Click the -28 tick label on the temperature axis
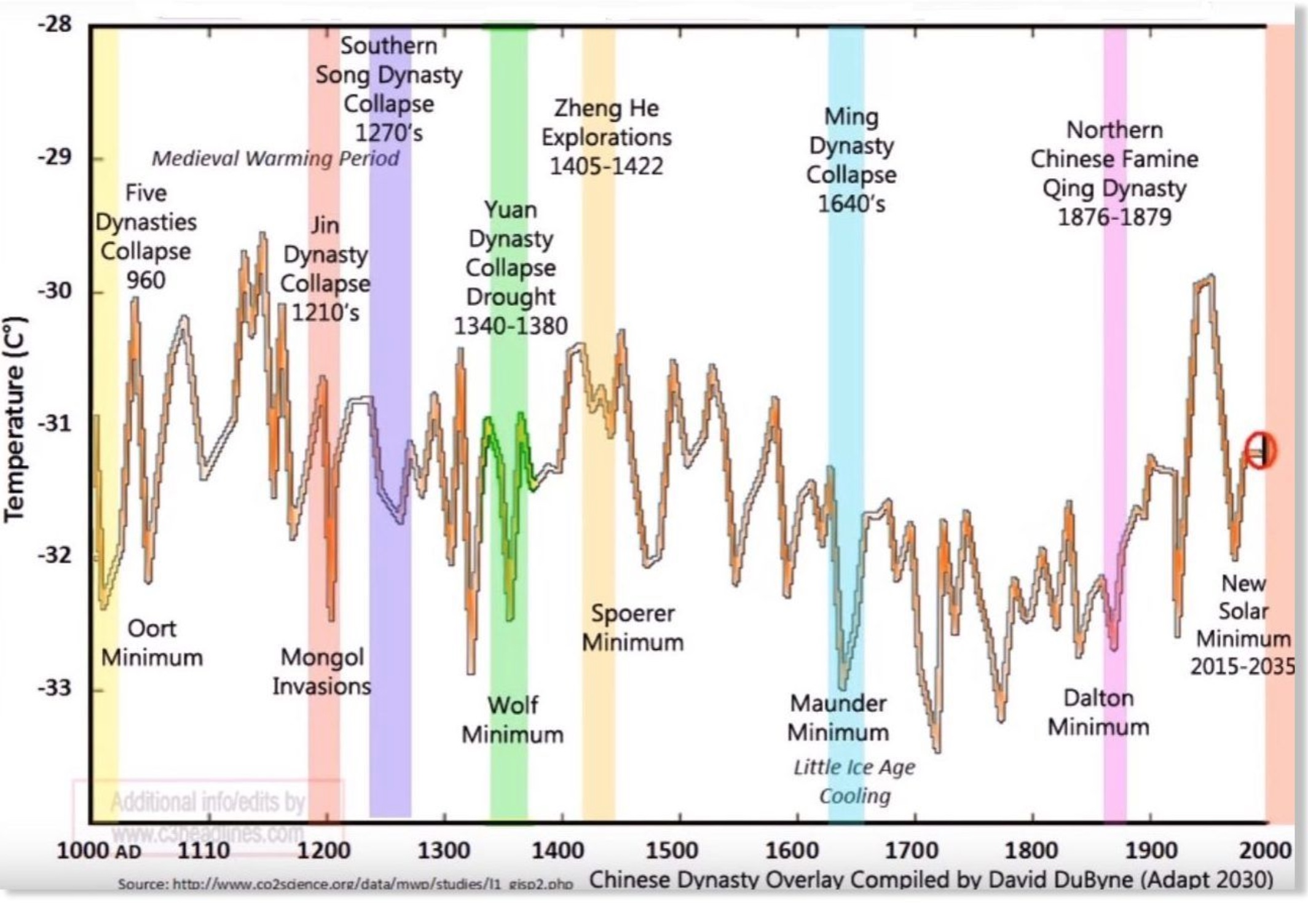click(55, 25)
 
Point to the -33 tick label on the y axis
click(55, 688)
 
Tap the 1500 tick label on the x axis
click(672, 851)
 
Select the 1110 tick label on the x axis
click(204, 851)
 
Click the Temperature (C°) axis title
click(15, 419)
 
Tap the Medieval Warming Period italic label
click(275, 158)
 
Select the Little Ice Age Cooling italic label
click(854, 781)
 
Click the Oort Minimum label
click(152, 643)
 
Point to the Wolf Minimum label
click(513, 719)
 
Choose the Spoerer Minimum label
click(632, 628)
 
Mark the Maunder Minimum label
click(838, 717)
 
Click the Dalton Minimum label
click(1098, 713)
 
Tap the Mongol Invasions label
click(321, 671)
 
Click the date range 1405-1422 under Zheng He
click(606, 166)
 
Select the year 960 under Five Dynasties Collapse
click(146, 280)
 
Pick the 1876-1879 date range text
click(1114, 217)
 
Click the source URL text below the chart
click(345, 885)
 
